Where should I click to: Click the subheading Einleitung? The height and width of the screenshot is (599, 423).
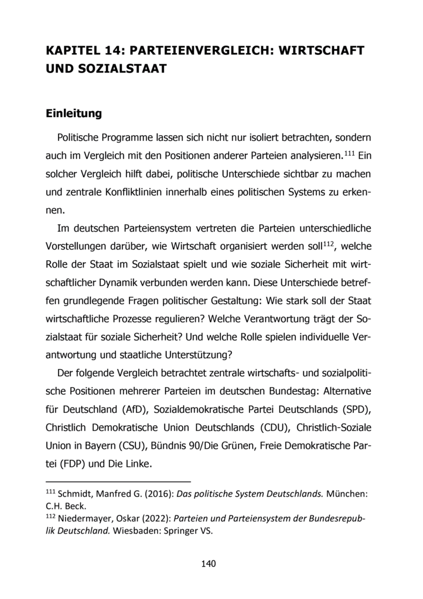pyautogui.click(x=74, y=113)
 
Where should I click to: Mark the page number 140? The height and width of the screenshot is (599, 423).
pyautogui.click(x=209, y=564)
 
